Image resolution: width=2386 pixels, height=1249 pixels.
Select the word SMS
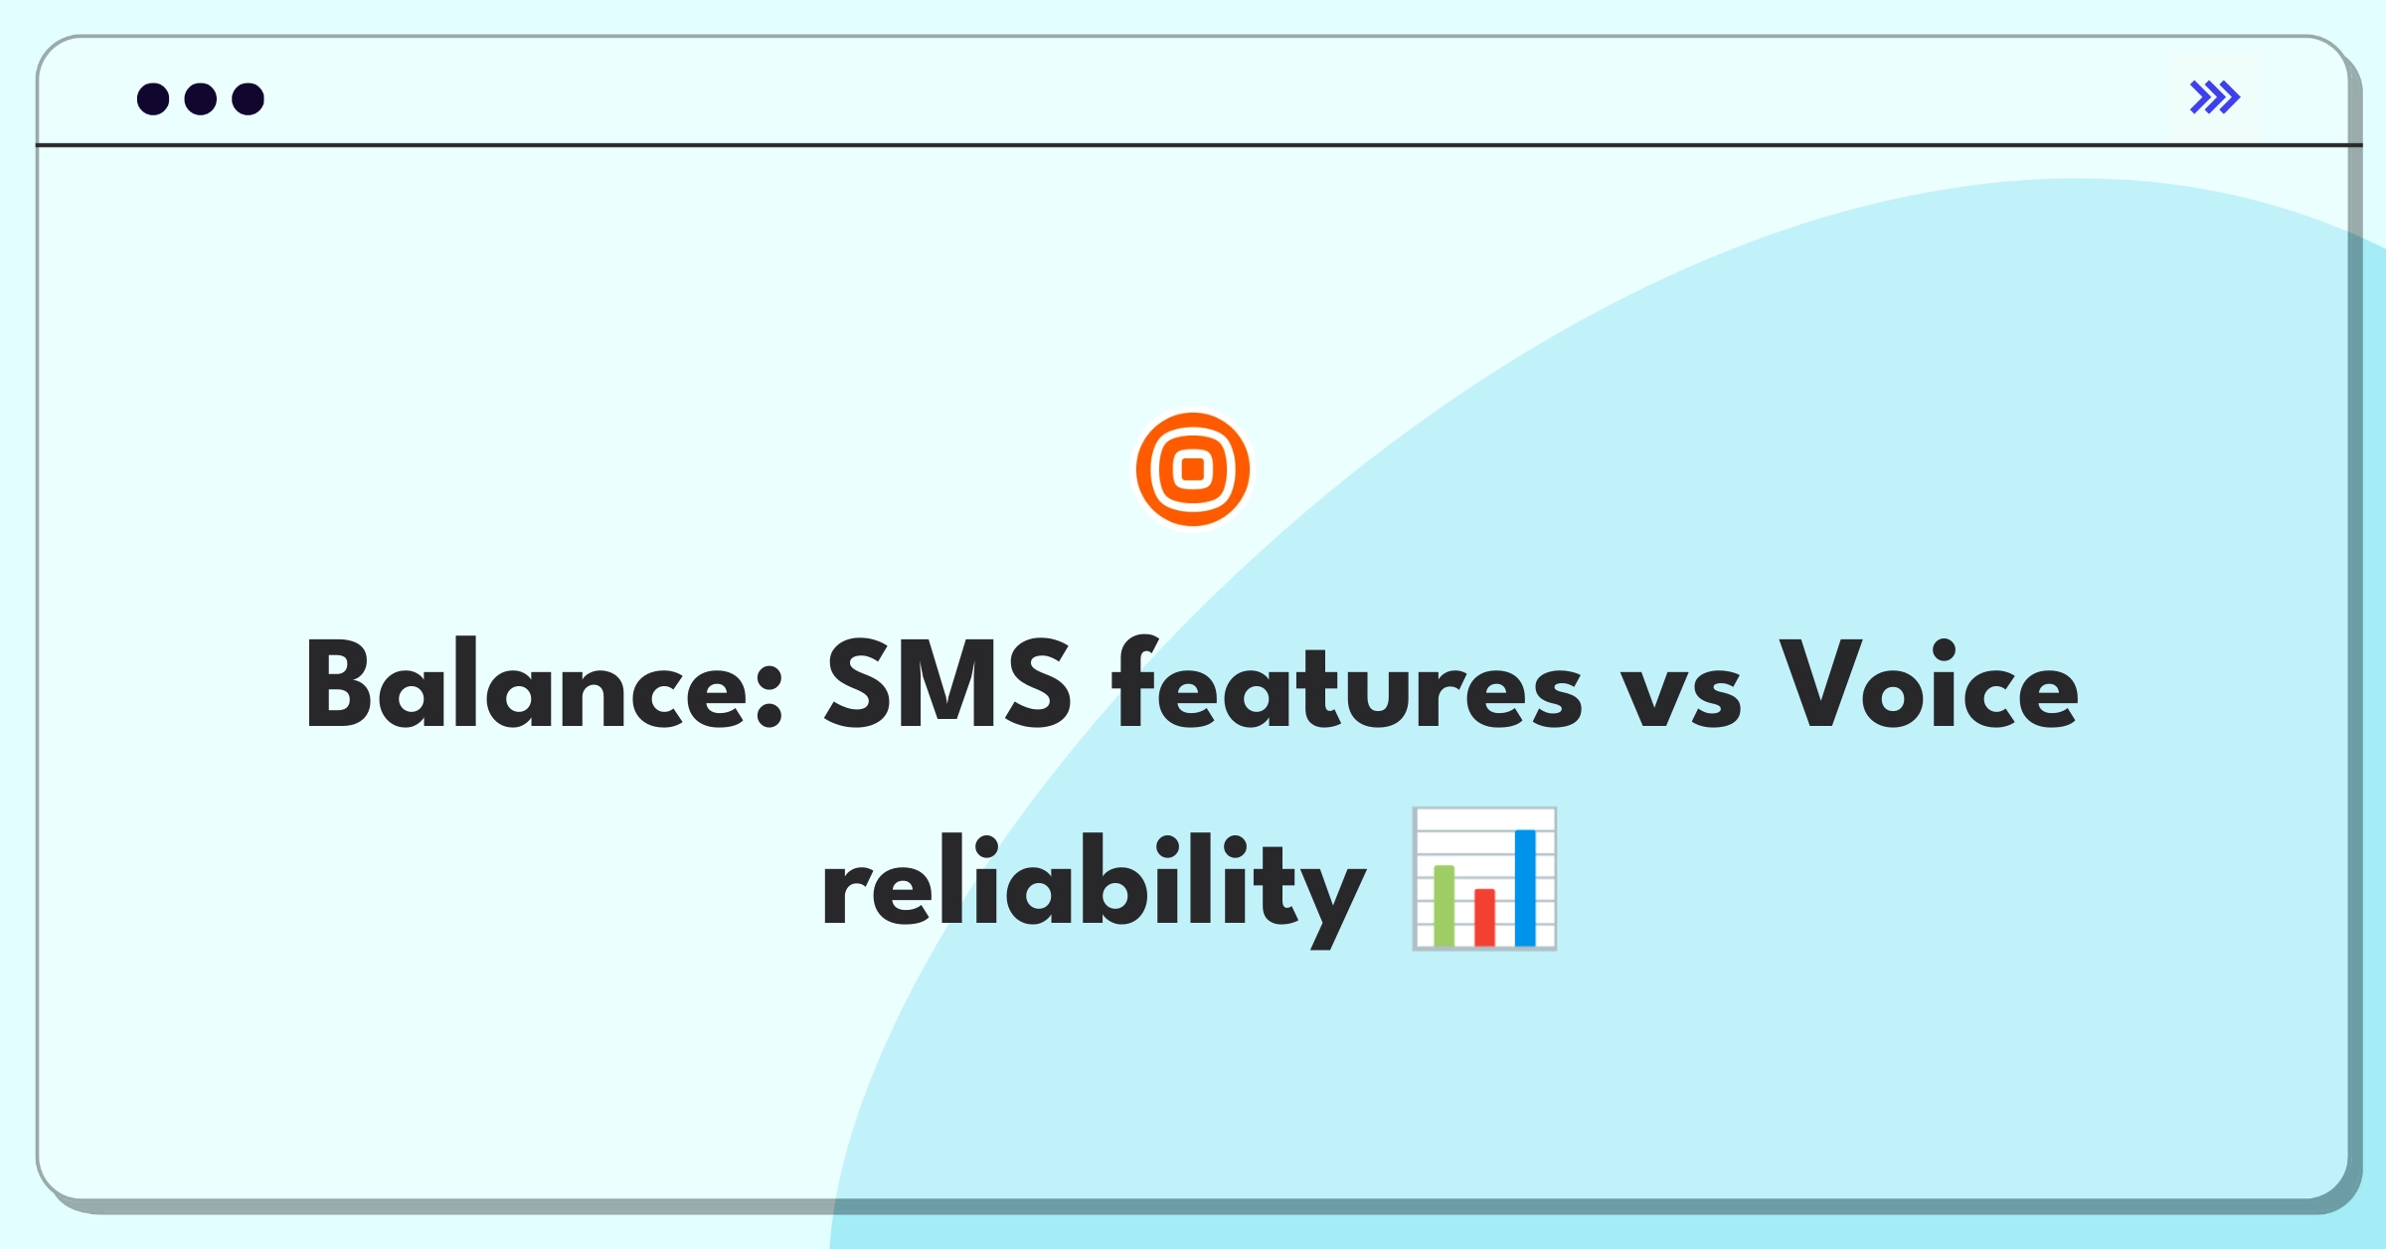pos(949,685)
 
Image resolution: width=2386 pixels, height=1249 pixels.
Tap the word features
pos(1347,683)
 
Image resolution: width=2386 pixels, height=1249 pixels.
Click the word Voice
pos(1929,683)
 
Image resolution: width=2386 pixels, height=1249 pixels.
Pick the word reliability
pos(1094,888)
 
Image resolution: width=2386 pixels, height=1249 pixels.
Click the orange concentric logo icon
pos(1193,468)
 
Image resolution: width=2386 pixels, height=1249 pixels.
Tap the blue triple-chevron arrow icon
pos(2215,96)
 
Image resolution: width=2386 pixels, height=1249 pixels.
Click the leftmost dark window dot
pos(153,98)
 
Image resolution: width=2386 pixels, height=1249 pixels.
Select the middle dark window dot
pos(201,98)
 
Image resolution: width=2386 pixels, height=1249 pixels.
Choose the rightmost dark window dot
pos(249,98)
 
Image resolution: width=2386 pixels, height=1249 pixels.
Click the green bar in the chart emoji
pos(1445,905)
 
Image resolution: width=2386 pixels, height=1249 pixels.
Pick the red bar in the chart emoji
pos(1485,917)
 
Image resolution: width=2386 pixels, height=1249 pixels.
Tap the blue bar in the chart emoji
pos(1525,887)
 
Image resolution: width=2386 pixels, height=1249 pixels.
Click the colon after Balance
pos(769,697)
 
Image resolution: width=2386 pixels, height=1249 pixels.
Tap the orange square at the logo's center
pos(1193,468)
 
